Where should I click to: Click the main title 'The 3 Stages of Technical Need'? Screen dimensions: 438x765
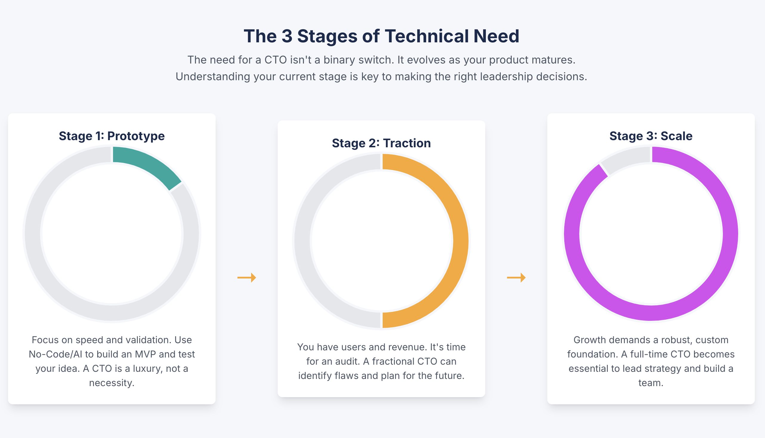(381, 36)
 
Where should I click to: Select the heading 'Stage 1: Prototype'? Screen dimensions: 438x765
(112, 136)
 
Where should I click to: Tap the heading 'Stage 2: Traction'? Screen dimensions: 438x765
(381, 143)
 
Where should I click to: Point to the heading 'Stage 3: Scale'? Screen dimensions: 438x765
(651, 136)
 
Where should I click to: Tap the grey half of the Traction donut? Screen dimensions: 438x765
(302, 241)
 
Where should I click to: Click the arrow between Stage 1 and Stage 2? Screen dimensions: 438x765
(247, 277)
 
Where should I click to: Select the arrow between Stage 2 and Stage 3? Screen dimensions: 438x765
(516, 277)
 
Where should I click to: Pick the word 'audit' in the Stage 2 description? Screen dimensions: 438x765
(349, 361)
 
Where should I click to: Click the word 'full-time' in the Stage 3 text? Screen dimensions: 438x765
(649, 354)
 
